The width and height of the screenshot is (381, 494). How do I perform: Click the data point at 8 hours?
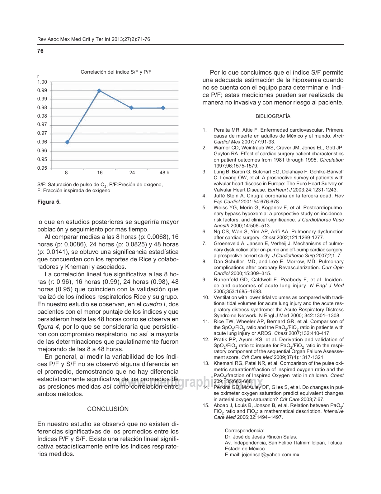click(67, 142)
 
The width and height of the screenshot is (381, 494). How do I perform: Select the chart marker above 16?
click(99, 91)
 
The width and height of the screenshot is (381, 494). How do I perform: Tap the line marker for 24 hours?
click(131, 108)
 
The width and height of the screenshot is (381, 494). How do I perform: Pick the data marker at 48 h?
click(163, 108)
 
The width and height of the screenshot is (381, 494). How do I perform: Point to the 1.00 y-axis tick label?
click(42, 82)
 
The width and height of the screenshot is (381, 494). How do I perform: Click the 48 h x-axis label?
click(164, 172)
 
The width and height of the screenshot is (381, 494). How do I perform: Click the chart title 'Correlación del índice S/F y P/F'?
click(116, 72)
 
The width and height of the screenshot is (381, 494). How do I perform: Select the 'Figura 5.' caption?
click(49, 202)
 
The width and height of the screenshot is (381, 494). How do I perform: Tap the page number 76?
click(40, 51)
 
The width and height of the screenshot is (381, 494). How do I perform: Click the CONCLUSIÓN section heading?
click(108, 409)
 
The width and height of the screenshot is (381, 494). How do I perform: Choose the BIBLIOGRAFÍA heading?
click(273, 116)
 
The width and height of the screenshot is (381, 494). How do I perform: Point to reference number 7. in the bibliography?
click(205, 244)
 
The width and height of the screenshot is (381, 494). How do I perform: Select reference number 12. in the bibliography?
click(206, 340)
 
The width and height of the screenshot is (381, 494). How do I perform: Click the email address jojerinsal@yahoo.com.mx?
click(262, 455)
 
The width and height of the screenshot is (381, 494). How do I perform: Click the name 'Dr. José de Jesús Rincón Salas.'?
click(261, 437)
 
